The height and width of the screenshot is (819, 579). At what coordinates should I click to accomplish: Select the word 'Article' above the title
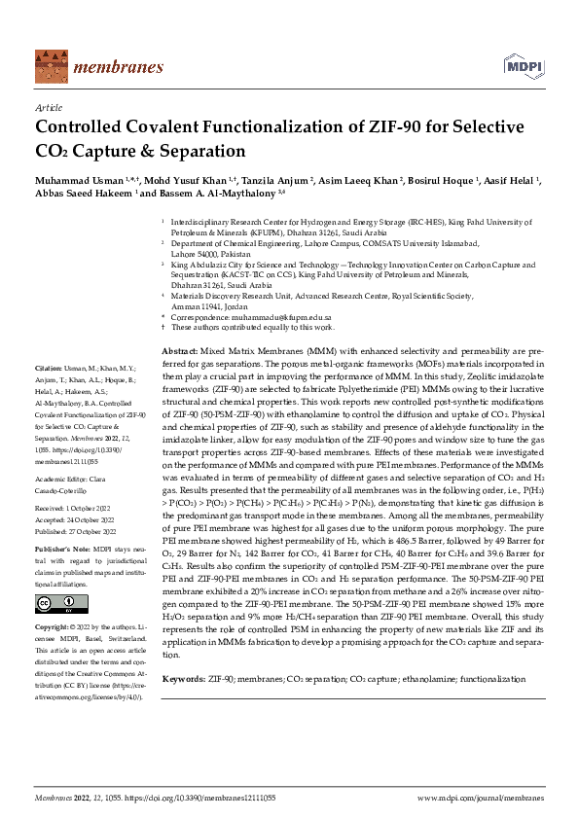47,109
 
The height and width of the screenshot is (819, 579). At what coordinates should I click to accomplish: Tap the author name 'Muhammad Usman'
74,180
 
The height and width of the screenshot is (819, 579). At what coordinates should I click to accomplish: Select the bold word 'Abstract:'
180,349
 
